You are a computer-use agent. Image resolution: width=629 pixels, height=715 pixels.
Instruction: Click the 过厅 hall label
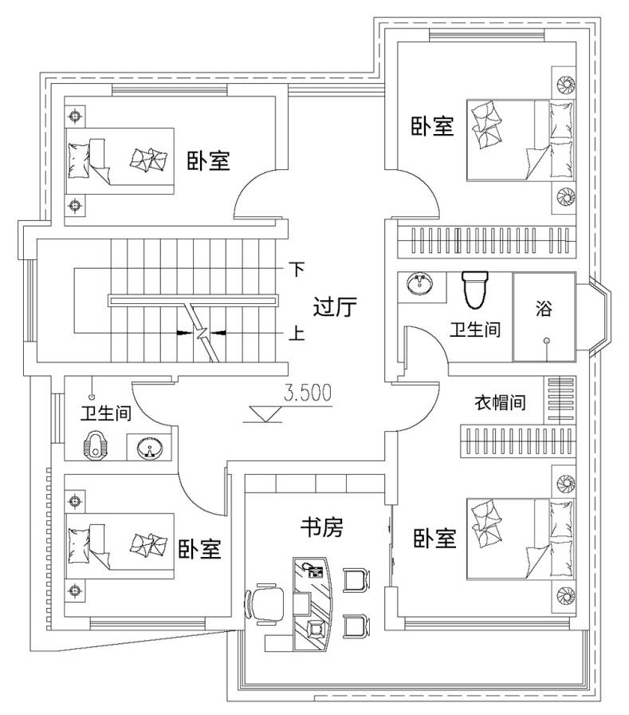335,306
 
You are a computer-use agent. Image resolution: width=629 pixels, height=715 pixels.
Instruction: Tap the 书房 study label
321,527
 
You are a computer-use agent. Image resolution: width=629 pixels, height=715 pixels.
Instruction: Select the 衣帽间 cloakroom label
500,402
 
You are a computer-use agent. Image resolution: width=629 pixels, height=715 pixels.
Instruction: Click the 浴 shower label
544,308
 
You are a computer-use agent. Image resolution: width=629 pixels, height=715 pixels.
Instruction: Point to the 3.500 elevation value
308,393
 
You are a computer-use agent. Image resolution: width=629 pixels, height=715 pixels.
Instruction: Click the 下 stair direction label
297,269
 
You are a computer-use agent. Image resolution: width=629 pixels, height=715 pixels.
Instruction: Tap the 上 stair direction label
297,334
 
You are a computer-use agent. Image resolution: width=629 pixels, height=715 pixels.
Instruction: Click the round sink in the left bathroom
149,448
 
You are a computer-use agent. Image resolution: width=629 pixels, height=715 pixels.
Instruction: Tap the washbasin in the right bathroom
420,283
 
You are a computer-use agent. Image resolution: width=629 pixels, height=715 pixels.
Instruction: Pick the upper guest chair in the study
356,579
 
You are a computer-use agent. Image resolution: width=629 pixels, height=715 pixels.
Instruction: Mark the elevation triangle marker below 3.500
262,413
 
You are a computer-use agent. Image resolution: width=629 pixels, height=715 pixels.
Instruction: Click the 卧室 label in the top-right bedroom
432,126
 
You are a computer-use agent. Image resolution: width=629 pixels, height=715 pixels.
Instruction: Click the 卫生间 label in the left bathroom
106,413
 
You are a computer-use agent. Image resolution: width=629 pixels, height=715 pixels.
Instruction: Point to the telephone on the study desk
315,571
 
